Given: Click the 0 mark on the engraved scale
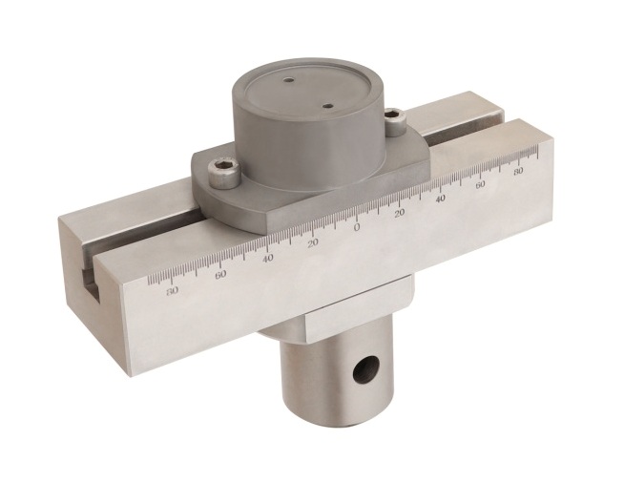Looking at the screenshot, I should click(x=357, y=227).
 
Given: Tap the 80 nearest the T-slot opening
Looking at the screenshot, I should click(x=172, y=290).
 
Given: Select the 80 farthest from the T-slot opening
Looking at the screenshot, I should click(x=518, y=174).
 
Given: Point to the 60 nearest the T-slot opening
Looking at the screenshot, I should click(x=221, y=274).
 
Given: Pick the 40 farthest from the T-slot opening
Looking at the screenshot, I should click(x=442, y=199).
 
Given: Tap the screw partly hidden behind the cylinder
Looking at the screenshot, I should click(x=394, y=117).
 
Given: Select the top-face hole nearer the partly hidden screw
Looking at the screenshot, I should click(x=327, y=106).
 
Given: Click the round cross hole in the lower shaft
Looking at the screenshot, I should click(x=364, y=369).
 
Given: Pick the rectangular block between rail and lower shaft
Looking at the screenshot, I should click(x=353, y=310).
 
